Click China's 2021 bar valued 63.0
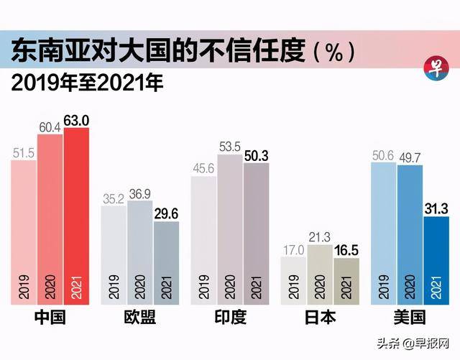click(76, 216)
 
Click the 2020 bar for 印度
click(229, 230)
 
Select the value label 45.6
click(203, 169)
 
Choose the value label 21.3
click(319, 237)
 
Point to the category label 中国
click(50, 318)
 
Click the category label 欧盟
click(139, 318)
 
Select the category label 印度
click(229, 318)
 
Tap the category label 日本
click(319, 318)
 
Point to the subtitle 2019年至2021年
click(87, 83)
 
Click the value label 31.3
click(436, 208)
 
